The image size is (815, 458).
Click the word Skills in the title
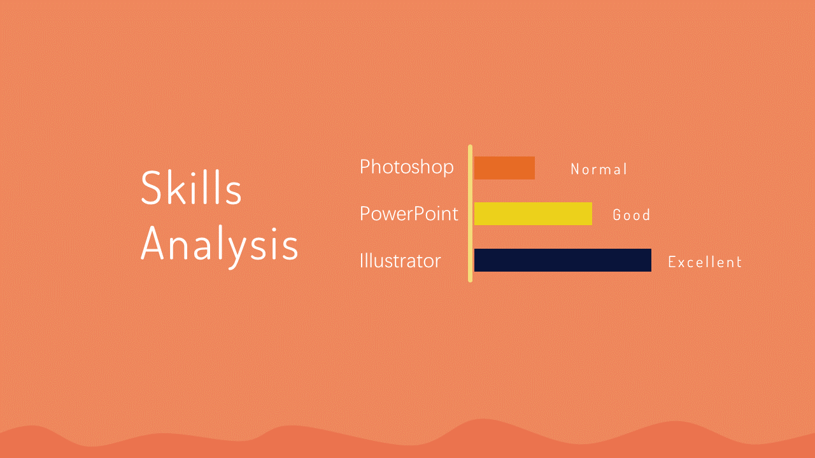tap(191, 187)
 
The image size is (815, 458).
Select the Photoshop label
tap(406, 168)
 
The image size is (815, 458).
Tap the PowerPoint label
tap(409, 213)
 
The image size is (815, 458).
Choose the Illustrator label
tap(400, 260)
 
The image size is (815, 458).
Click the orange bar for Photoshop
tap(505, 168)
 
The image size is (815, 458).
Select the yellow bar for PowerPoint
tap(533, 214)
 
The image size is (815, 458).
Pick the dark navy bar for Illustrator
tap(563, 260)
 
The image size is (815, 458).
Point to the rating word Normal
tap(599, 169)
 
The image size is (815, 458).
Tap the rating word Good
tap(631, 215)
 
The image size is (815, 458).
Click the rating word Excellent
tap(705, 261)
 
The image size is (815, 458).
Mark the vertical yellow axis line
tap(470, 213)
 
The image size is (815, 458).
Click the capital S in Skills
tap(151, 188)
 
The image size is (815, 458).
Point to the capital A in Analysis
tap(152, 244)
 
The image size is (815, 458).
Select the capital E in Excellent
tap(672, 261)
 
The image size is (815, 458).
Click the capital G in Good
tap(617, 215)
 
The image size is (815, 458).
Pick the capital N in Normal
tap(575, 169)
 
